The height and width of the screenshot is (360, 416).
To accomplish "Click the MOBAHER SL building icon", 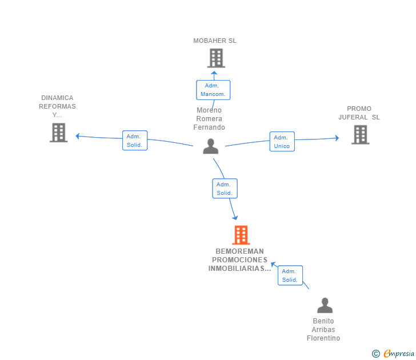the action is point(216,58).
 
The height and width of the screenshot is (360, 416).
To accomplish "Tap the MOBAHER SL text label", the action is point(215,41).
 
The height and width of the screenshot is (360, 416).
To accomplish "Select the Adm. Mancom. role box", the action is point(213,90).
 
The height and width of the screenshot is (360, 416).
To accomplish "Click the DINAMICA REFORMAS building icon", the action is point(59,133).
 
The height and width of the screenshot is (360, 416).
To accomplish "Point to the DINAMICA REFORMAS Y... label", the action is point(57,106).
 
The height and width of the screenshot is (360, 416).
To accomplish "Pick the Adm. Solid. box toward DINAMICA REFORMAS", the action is point(135,141).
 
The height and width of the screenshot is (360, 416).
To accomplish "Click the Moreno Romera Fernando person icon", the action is point(211,146).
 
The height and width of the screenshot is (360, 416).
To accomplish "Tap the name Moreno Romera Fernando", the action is point(209,119).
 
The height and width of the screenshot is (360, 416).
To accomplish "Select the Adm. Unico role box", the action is point(282,141).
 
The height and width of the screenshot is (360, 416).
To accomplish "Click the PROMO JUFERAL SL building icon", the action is point(360,134).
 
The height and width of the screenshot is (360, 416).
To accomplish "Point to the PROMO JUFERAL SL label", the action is point(359,113).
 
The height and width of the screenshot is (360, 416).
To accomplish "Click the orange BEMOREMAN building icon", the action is point(241,235).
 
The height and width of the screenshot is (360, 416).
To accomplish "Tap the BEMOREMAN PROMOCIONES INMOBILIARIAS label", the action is point(239,260).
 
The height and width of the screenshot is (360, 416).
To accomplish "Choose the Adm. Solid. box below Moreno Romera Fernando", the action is point(225,189).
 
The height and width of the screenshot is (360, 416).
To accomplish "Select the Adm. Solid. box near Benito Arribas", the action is point(290,275).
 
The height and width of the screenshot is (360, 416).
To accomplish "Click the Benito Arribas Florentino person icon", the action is point(325,305).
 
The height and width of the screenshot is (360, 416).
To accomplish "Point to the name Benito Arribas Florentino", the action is point(323,330).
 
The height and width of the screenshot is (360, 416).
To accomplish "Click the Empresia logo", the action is point(393,353).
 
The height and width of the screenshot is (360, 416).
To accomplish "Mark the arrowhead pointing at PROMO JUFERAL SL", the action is point(337,138).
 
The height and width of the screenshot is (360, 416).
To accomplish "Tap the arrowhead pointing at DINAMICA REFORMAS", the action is point(78,136).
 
